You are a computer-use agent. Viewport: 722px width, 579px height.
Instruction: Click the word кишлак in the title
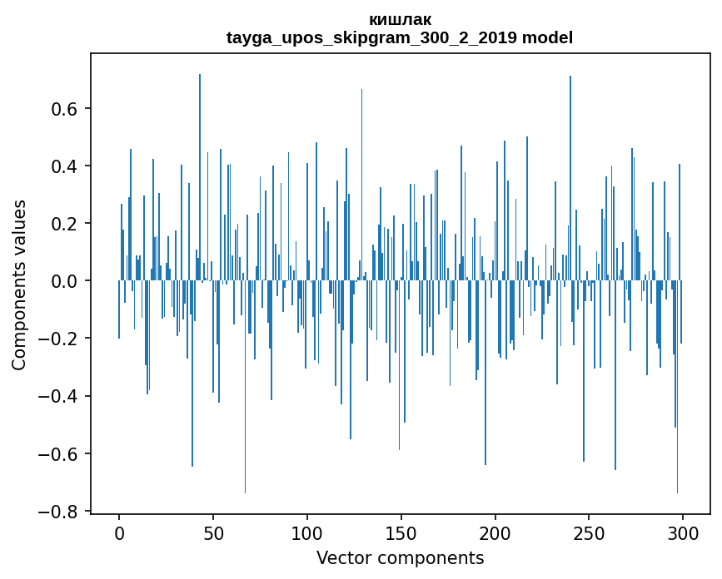[x=400, y=20]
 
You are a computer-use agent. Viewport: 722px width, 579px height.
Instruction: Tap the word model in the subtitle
[x=547, y=38]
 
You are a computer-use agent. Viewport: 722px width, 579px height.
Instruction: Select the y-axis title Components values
[x=19, y=285]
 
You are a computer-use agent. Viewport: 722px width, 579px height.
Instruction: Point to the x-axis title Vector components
[x=400, y=558]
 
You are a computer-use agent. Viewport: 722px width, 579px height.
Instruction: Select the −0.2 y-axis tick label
[x=61, y=339]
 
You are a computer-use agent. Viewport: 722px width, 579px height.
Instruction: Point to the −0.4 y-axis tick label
[x=61, y=396]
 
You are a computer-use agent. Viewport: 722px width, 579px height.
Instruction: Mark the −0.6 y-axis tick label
[x=61, y=454]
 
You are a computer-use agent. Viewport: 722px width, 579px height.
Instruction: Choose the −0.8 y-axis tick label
[x=61, y=512]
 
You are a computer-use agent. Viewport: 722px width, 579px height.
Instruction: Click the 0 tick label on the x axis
[x=119, y=533]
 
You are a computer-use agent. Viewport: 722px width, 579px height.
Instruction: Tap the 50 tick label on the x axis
[x=213, y=533]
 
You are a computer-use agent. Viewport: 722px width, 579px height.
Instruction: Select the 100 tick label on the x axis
[x=307, y=533]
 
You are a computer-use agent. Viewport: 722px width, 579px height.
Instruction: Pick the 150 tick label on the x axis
[x=401, y=533]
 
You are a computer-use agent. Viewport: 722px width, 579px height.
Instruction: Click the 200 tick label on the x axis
[x=495, y=533]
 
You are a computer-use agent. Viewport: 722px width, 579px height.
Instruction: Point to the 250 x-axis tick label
[x=589, y=533]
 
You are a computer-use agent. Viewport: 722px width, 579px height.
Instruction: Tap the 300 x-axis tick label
[x=683, y=533]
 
